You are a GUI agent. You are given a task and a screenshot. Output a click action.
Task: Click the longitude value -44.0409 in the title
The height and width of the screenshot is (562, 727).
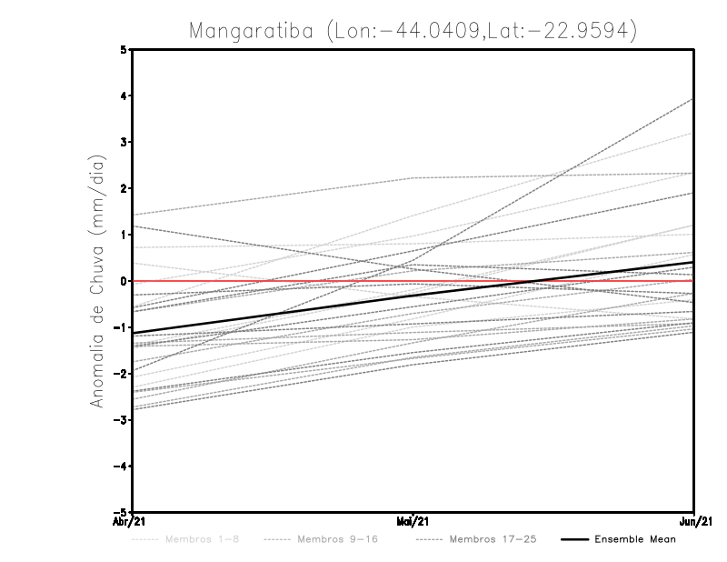433,30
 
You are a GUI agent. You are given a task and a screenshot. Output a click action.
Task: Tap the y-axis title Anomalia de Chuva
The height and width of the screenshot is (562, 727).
97,281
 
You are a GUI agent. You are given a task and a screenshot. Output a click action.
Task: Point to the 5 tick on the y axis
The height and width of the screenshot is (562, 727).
124,50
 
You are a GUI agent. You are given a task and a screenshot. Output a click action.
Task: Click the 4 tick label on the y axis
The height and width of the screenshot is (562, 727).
124,96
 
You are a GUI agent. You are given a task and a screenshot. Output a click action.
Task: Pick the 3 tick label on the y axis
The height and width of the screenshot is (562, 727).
124,143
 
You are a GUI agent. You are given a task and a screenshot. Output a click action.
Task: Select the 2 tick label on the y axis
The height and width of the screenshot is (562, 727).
124,189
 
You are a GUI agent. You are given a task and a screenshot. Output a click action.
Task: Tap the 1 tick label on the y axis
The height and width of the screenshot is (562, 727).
124,235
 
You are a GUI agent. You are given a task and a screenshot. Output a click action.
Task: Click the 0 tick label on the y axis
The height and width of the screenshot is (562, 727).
124,281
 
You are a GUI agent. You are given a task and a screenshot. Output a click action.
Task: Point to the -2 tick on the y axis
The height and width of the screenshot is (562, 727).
122,374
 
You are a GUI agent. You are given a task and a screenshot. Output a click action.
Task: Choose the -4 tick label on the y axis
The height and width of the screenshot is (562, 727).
122,466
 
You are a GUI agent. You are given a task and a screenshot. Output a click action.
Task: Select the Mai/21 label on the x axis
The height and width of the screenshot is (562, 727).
413,521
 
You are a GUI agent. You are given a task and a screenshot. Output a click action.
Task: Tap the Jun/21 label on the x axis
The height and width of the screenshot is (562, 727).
694,521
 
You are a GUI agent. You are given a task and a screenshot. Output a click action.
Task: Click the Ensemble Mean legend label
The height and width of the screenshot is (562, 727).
635,539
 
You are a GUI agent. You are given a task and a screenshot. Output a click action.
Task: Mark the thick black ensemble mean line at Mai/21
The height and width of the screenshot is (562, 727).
413,296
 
